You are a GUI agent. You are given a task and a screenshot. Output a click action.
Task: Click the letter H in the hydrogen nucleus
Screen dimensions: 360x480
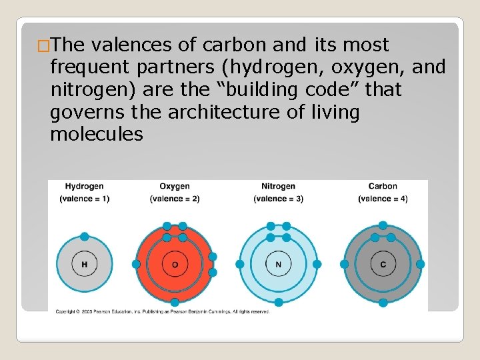pyautogui.click(x=85, y=265)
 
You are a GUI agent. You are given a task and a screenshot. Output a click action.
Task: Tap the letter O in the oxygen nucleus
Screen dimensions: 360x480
pyautogui.click(x=175, y=265)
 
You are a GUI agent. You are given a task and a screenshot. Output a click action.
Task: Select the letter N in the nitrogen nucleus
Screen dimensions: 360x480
pyautogui.click(x=278, y=265)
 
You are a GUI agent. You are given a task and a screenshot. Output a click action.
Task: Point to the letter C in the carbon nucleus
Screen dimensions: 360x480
pyautogui.click(x=383, y=265)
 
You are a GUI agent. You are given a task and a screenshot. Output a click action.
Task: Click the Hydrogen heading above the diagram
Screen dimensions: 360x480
pyautogui.click(x=85, y=187)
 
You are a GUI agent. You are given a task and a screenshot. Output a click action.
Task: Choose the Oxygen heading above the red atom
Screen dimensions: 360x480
pyautogui.click(x=175, y=187)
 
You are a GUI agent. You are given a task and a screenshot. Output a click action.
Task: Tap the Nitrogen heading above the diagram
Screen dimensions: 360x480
pyautogui.click(x=278, y=187)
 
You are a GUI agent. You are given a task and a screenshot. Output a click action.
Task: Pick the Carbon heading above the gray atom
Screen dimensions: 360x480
pyautogui.click(x=383, y=187)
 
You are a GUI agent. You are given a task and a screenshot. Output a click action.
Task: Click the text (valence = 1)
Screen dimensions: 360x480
pyautogui.click(x=85, y=199)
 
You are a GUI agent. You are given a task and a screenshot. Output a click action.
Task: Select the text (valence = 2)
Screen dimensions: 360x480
pyautogui.click(x=175, y=199)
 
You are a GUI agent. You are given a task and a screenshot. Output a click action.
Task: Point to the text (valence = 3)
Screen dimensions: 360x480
pyautogui.click(x=278, y=199)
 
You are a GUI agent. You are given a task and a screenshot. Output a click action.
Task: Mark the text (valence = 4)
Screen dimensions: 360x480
pyautogui.click(x=383, y=199)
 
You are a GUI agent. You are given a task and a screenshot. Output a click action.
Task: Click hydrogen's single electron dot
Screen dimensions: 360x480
pyautogui.click(x=85, y=236)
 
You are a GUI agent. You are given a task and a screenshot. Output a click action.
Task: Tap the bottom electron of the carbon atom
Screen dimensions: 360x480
pyautogui.click(x=383, y=303)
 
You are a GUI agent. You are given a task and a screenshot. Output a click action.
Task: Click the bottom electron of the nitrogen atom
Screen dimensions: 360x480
pyautogui.click(x=278, y=302)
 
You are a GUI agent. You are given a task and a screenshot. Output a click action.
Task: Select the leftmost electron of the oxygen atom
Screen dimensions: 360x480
pyautogui.click(x=136, y=265)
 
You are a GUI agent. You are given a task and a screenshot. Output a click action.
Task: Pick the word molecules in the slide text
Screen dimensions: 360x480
pyautogui.click(x=96, y=135)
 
